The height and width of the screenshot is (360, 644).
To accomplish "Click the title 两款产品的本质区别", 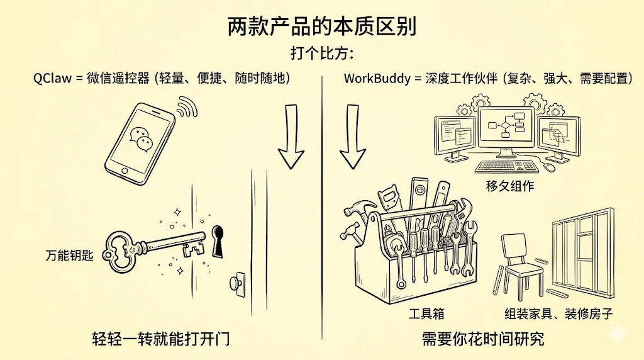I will pyautogui.click(x=321, y=28).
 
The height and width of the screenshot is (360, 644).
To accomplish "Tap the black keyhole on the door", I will pyautogui.click(x=218, y=240).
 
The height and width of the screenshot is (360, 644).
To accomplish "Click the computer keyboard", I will pyautogui.click(x=507, y=167).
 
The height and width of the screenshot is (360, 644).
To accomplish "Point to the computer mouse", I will pyautogui.click(x=550, y=167).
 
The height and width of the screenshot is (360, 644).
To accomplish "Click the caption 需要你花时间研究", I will pyautogui.click(x=483, y=340).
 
